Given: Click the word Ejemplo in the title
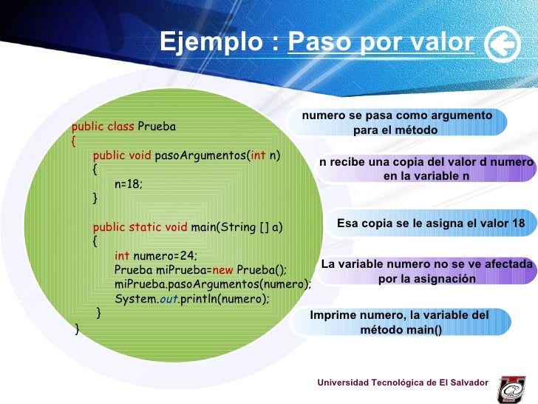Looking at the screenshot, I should tap(214, 43).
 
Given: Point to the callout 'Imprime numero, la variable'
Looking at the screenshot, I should tap(399, 322).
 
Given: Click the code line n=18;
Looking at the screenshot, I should tap(129, 184).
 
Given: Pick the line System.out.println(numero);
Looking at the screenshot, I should tap(192, 299).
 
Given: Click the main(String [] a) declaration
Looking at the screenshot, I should tap(236, 227).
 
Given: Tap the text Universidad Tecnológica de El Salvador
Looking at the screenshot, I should tap(403, 382).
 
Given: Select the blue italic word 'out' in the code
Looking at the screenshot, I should tap(168, 299).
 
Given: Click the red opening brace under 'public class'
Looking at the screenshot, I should tap(74, 141).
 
